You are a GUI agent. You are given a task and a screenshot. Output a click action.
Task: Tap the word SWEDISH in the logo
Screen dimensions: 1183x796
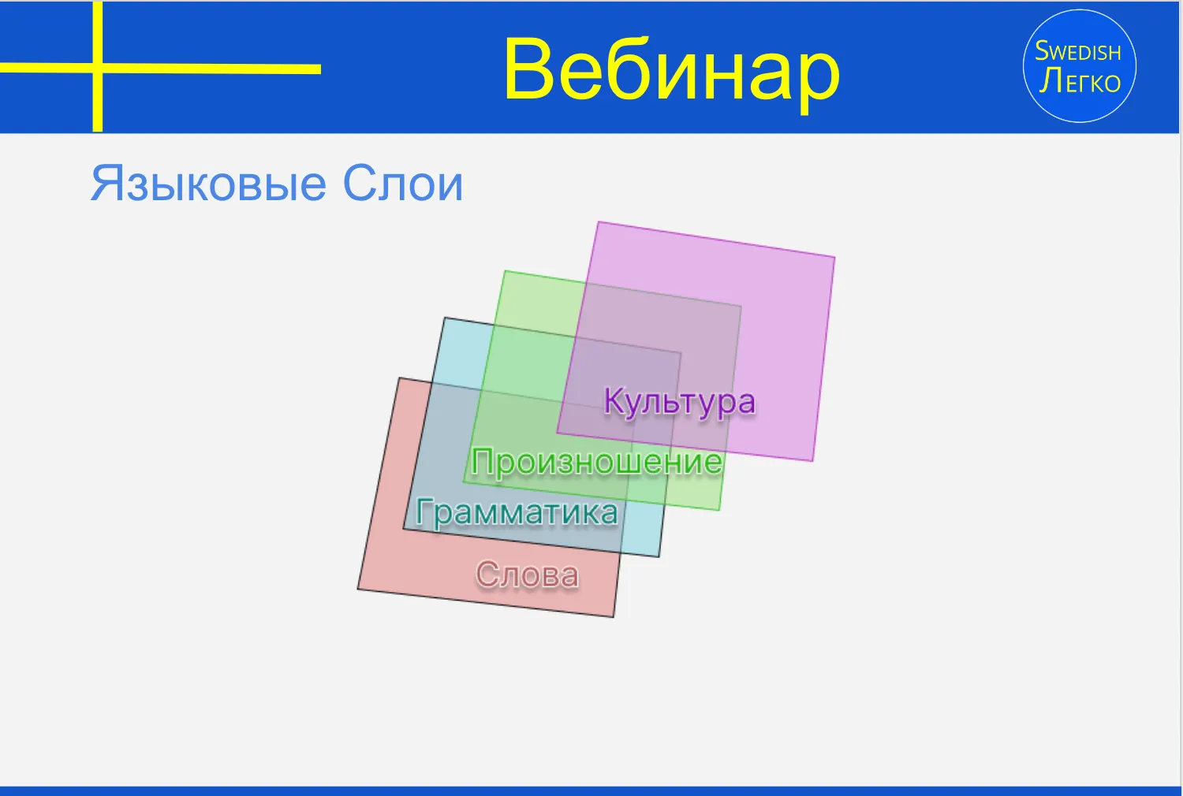pos(1078,51)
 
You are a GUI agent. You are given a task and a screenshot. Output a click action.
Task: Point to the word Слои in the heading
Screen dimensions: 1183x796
pos(403,183)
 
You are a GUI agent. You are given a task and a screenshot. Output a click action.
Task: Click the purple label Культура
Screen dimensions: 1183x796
pos(680,403)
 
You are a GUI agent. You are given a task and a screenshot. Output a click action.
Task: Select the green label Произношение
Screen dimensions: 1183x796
pos(597,463)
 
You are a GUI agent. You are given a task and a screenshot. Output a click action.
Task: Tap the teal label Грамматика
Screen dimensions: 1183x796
pos(517,512)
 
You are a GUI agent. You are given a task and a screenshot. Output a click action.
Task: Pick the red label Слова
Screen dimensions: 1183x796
pos(527,574)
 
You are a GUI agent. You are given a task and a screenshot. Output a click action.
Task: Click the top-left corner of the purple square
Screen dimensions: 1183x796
pos(598,221)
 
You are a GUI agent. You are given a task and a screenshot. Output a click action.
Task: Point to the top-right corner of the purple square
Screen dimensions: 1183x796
pos(835,257)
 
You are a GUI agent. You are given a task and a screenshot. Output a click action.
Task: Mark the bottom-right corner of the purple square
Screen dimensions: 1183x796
pos(813,461)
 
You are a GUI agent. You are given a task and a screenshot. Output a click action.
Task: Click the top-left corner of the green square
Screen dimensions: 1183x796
pos(505,271)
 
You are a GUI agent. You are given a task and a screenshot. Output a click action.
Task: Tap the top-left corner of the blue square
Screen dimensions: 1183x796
pos(445,318)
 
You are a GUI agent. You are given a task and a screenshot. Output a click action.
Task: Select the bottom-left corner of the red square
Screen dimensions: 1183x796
pos(357,589)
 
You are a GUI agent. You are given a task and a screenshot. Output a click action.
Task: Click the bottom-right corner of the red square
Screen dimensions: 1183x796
pos(614,616)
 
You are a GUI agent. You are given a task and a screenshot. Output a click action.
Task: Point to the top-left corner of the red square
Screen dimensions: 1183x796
pos(399,378)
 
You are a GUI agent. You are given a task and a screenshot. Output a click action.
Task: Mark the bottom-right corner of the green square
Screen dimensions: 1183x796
pos(719,510)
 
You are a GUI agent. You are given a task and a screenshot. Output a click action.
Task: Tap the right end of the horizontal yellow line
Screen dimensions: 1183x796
pos(320,69)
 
